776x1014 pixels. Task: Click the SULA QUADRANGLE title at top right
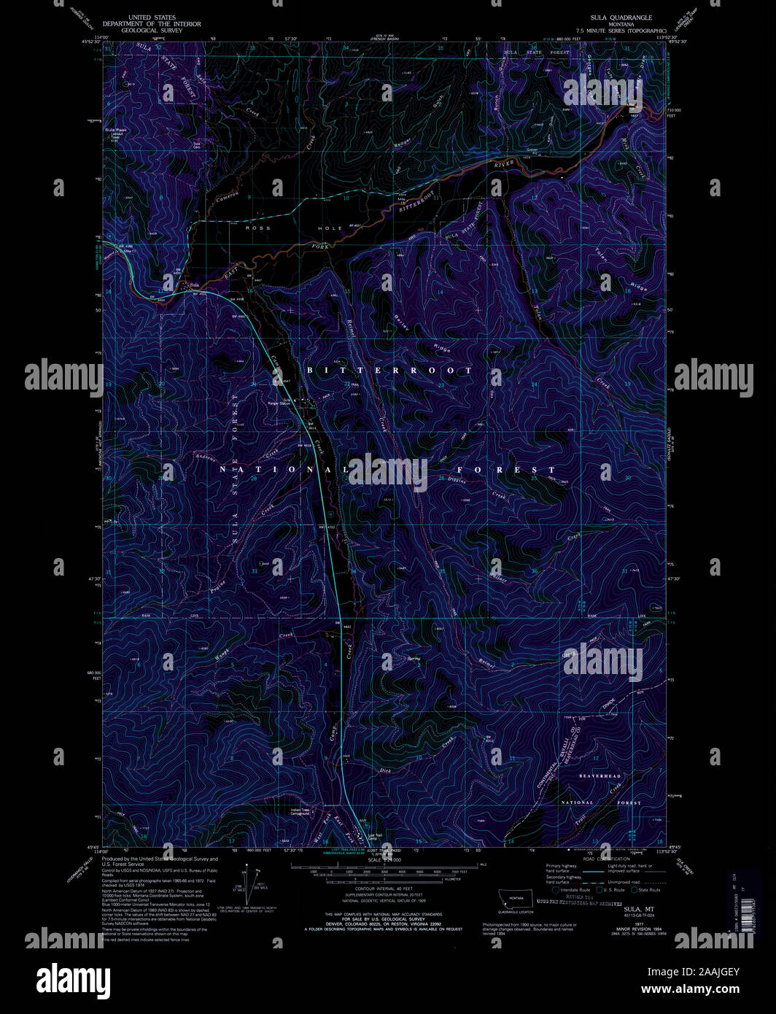(x=621, y=17)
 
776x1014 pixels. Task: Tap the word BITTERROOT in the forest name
(x=389, y=371)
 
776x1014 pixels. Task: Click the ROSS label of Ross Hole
(x=257, y=228)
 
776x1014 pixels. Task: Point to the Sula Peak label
(x=115, y=131)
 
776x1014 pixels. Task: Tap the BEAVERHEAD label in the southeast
(x=600, y=775)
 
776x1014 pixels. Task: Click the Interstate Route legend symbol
(x=556, y=890)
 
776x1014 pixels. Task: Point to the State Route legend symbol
(x=633, y=890)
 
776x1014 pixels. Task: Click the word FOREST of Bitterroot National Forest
(x=506, y=470)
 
